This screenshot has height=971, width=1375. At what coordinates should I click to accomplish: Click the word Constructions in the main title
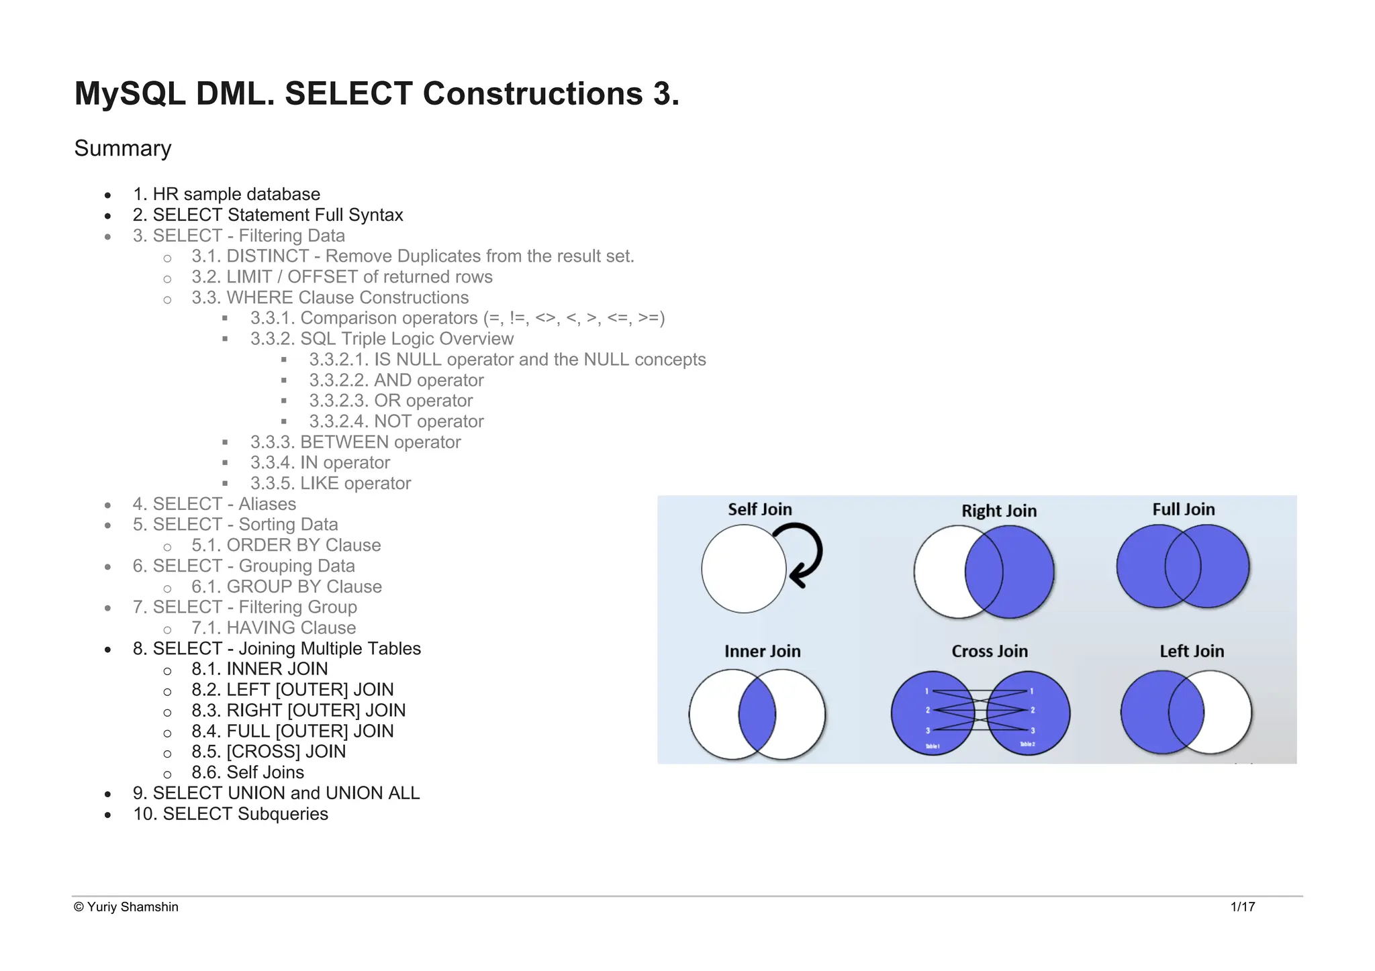(532, 93)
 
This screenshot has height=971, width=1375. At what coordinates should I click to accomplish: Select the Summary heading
(123, 148)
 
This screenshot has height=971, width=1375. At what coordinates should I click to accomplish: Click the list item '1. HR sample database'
(226, 194)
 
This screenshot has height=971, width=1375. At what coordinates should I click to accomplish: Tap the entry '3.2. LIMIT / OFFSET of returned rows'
(342, 276)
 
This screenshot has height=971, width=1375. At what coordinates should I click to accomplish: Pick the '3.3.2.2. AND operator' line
(396, 380)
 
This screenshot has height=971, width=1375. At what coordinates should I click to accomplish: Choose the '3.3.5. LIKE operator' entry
(330, 483)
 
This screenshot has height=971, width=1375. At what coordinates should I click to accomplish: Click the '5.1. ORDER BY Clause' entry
(286, 545)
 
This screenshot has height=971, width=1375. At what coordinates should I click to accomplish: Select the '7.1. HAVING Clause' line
(273, 627)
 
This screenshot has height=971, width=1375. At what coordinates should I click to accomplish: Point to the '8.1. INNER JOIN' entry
(259, 669)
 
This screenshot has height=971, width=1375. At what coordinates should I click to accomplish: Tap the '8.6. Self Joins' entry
(247, 772)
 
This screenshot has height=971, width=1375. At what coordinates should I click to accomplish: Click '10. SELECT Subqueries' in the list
(230, 814)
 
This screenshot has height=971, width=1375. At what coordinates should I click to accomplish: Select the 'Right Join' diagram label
(999, 511)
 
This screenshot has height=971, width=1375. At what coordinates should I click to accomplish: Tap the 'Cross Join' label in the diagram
(990, 651)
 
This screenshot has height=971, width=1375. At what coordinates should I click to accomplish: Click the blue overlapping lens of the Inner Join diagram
(757, 714)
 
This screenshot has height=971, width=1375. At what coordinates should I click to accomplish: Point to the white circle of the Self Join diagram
(743, 569)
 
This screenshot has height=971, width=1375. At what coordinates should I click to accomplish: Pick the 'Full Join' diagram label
(1184, 509)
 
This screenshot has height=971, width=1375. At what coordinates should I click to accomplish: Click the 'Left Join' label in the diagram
(1192, 651)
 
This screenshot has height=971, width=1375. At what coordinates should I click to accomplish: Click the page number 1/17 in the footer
(1243, 907)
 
